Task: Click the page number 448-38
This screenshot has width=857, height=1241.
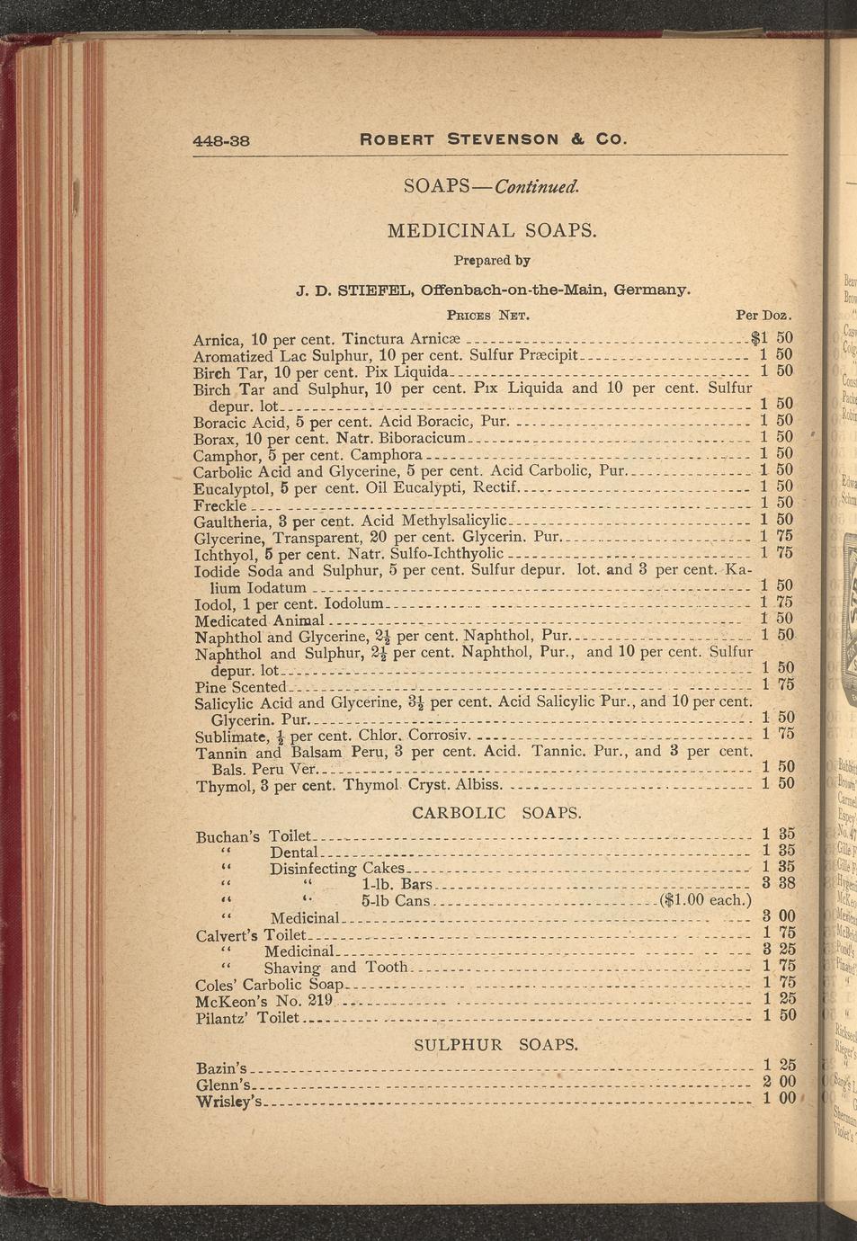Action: pos(220,140)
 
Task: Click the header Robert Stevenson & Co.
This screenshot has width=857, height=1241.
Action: pos(492,139)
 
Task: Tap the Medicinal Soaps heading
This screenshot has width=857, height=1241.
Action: pos(492,230)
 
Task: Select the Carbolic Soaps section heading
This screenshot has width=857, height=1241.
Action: pos(496,813)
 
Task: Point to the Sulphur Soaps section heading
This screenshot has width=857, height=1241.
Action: pos(495,1045)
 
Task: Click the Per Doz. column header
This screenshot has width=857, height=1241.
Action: pos(763,316)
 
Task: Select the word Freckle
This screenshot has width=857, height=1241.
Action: pos(220,504)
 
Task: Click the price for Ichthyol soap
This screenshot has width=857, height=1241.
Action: pos(776,552)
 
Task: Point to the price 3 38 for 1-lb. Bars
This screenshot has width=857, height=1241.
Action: pos(778,883)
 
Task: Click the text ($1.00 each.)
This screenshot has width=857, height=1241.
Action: pos(705,900)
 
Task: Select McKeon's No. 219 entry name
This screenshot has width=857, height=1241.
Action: pos(264,1001)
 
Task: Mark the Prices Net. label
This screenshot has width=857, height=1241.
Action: pos(487,316)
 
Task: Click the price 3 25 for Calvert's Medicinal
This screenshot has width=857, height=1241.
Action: pos(778,950)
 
